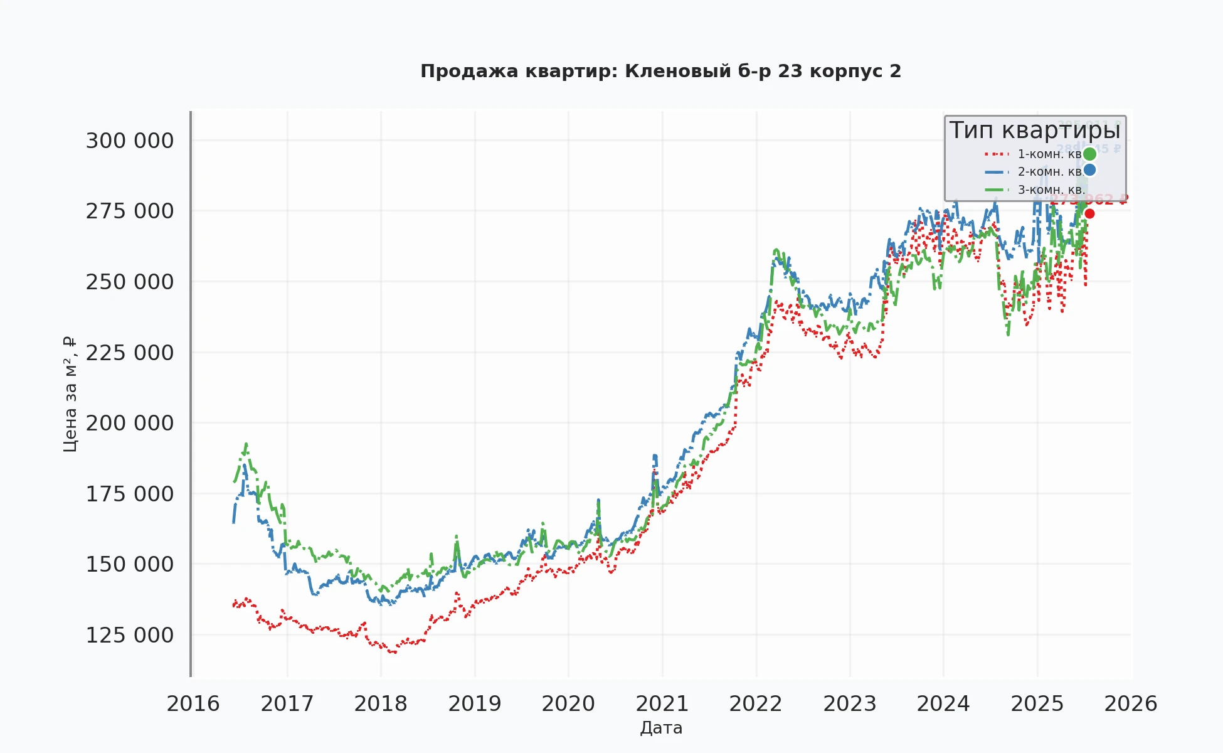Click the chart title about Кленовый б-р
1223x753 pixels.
tap(660, 72)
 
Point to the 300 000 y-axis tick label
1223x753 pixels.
tap(130, 141)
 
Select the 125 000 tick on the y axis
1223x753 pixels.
tap(130, 635)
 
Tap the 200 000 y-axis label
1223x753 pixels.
tap(130, 423)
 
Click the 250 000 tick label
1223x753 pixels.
tap(130, 282)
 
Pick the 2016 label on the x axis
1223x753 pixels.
tap(193, 703)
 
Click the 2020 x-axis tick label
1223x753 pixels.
tap(568, 703)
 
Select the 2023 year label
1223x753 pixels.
tap(850, 703)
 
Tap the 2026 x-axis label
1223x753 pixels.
tap(1131, 703)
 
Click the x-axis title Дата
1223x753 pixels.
tap(661, 728)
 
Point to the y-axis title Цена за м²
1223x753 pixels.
tap(70, 394)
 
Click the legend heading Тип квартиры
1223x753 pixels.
tap(1035, 131)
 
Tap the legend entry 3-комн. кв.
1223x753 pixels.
tap(1051, 190)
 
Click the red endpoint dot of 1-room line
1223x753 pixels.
tap(1089, 214)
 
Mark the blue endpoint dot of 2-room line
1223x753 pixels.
tap(1089, 170)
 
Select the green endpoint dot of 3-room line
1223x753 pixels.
tap(1089, 154)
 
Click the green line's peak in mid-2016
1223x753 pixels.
tap(246, 444)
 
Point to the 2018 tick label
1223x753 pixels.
tap(381, 703)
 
